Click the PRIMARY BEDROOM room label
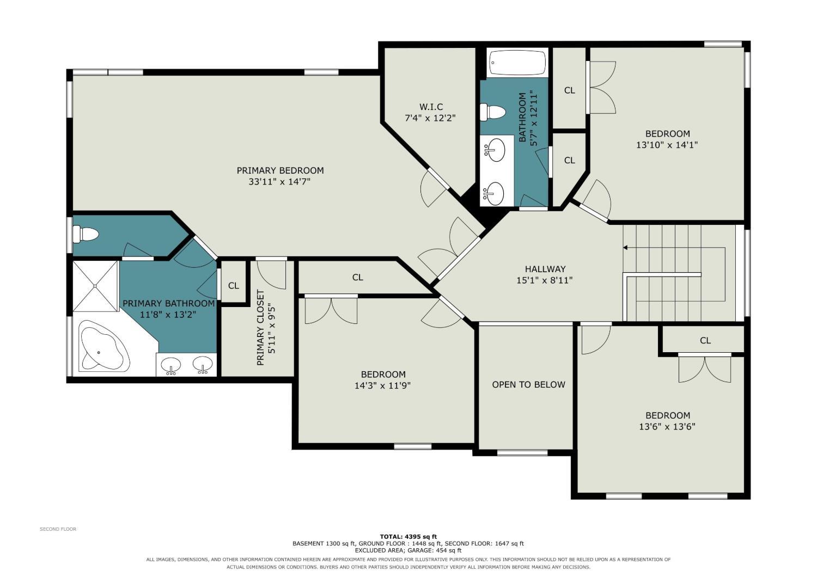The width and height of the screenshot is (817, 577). coord(280,170)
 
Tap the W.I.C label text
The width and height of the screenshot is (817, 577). coord(431,107)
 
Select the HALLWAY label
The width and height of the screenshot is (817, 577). coord(545,269)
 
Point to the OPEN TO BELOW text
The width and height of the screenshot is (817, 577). coord(528,384)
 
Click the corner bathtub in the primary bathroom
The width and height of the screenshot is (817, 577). coord(105,347)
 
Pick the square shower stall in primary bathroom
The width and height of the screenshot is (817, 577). coord(95,286)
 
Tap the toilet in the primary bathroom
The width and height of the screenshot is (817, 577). coord(86,234)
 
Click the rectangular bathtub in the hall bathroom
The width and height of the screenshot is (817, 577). coord(517,63)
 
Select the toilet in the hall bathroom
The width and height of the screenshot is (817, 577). coord(493,112)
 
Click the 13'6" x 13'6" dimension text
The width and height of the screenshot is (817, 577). coord(667,426)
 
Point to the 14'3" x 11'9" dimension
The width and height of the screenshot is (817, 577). coord(382,385)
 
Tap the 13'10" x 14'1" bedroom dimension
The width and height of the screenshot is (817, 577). coord(667,145)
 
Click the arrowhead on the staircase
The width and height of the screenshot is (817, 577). coord(625,248)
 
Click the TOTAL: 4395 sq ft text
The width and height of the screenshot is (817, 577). coord(408,537)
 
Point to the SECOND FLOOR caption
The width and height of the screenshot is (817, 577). coord(58,529)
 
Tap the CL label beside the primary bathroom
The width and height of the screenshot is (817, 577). coord(234,286)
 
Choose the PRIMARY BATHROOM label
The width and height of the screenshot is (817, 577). coord(168,303)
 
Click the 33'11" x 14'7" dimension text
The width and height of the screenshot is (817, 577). coord(279,181)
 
